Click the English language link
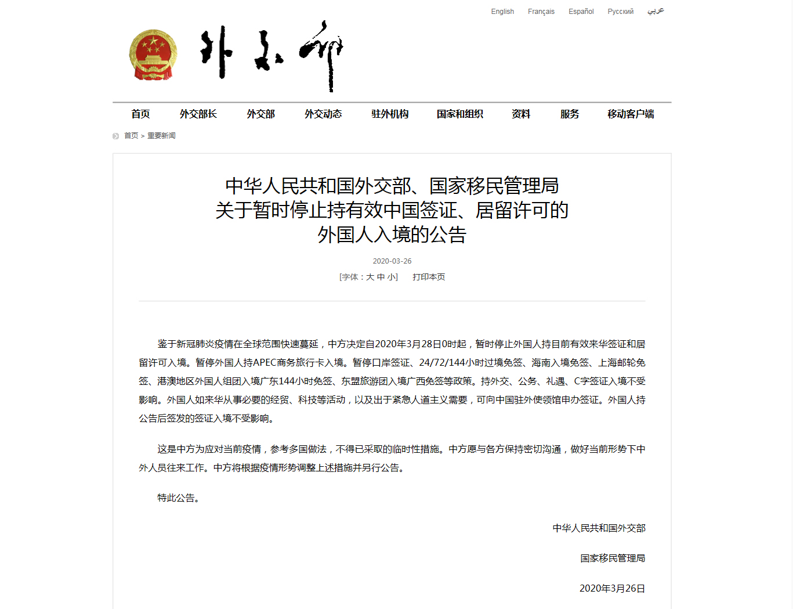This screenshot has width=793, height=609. pyautogui.click(x=502, y=12)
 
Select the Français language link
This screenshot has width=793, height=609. pyautogui.click(x=541, y=12)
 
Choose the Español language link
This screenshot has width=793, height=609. pyautogui.click(x=581, y=12)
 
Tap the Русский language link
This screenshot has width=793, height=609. pyautogui.click(x=620, y=12)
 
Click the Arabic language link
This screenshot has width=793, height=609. pyautogui.click(x=656, y=11)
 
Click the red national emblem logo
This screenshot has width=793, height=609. pyautogui.click(x=153, y=55)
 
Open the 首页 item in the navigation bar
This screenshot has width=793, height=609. pyautogui.click(x=140, y=114)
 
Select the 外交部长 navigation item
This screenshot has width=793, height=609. pyautogui.click(x=198, y=114)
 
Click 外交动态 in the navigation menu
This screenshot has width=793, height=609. pyautogui.click(x=323, y=114)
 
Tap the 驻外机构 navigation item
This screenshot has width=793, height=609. pyautogui.click(x=390, y=114)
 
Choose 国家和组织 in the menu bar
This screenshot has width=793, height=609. pyautogui.click(x=460, y=114)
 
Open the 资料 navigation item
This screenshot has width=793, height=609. pyautogui.click(x=521, y=114)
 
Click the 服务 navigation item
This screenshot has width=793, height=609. pyautogui.click(x=570, y=114)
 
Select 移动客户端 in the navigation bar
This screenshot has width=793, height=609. pyautogui.click(x=631, y=114)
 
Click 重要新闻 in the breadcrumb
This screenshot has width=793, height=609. pyautogui.click(x=161, y=136)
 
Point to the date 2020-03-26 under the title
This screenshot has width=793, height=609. pyautogui.click(x=392, y=261)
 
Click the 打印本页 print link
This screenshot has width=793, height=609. pyautogui.click(x=429, y=278)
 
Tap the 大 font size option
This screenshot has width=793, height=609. pyautogui.click(x=370, y=278)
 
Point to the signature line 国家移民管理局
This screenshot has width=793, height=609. pyautogui.click(x=613, y=558)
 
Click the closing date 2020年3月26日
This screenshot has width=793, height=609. pyautogui.click(x=612, y=589)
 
